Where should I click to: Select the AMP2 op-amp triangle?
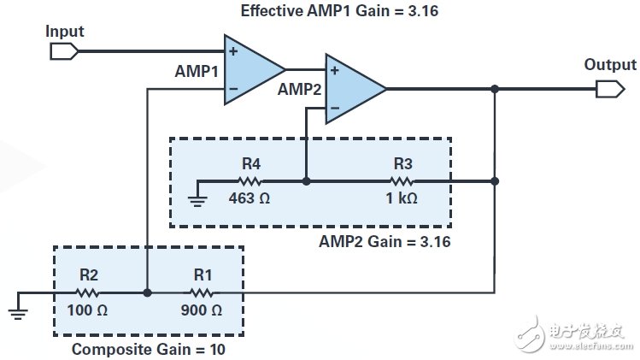click(x=351, y=88)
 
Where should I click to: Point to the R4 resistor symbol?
click(x=250, y=181)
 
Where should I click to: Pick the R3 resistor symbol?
click(x=402, y=181)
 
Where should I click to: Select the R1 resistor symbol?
click(x=201, y=292)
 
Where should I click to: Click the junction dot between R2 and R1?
click(x=147, y=292)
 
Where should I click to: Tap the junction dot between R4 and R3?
click(x=306, y=181)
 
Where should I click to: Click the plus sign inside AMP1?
click(x=233, y=51)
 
